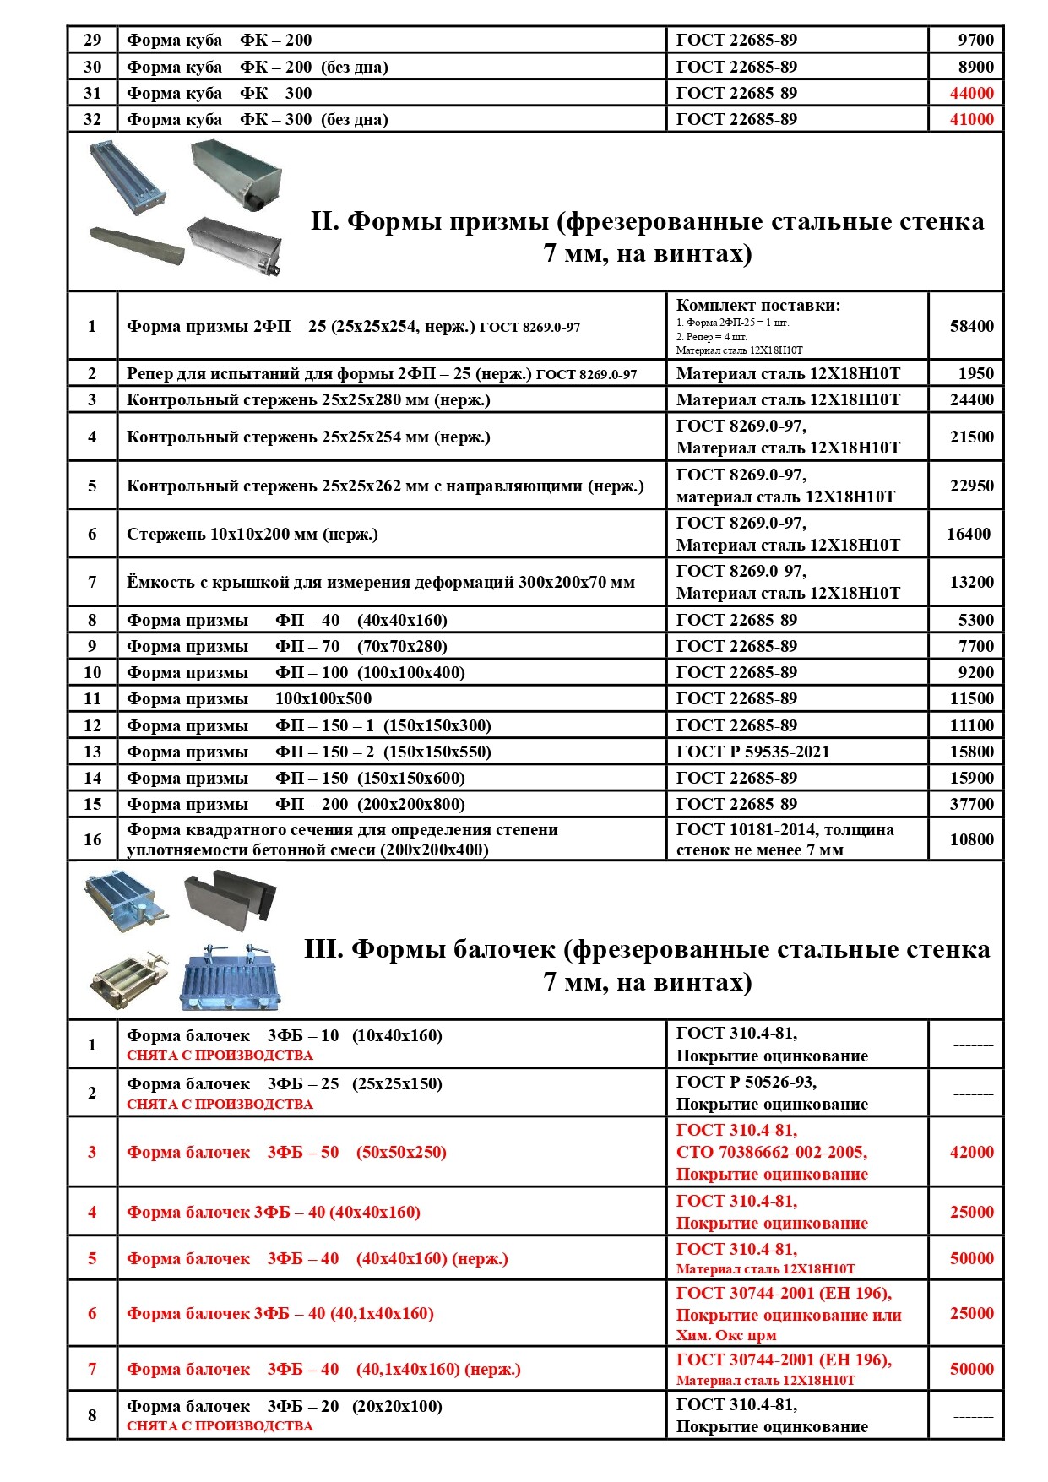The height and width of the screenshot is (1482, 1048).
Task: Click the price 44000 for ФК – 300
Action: (971, 94)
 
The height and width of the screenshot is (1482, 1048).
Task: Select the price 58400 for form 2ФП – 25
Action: (971, 326)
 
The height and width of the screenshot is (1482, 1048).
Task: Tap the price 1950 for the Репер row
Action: (975, 373)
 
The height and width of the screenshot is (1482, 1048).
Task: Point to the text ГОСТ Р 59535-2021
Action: (752, 752)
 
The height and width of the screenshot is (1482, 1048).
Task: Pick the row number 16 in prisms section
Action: (92, 839)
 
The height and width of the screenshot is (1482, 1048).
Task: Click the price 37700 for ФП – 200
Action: (971, 804)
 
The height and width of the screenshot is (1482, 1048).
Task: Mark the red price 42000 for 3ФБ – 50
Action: (971, 1152)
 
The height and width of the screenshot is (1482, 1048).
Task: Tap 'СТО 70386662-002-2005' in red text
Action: (771, 1152)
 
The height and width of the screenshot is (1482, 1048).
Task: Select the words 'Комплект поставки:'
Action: (757, 306)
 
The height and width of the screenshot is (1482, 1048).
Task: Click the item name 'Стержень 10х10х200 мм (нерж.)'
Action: (252, 534)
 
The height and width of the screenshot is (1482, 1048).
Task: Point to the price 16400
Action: (968, 534)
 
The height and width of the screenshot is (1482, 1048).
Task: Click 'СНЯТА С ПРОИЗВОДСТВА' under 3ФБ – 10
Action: (220, 1056)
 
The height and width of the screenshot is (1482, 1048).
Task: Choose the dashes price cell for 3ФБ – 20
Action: (973, 1416)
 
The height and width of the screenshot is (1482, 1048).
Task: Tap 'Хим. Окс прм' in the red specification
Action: (725, 1335)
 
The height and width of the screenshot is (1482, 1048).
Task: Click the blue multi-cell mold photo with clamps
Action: (230, 977)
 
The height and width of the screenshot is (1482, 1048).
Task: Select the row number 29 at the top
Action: (92, 40)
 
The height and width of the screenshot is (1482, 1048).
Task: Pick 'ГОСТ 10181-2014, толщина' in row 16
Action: (785, 829)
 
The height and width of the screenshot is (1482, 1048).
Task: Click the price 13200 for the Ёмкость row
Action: (971, 582)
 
